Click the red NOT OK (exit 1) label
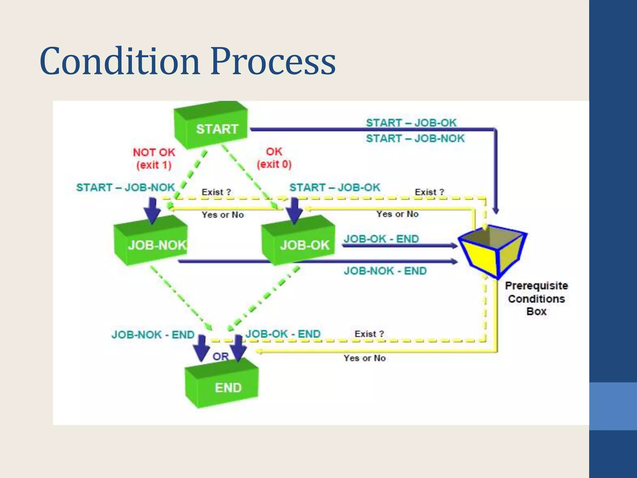154,158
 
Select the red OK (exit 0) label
274,158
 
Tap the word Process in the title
273,61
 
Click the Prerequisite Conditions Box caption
536,298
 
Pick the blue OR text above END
221,357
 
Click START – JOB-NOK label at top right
415,138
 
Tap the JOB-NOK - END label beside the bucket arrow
385,271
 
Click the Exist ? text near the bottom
369,334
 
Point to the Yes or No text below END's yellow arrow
365,358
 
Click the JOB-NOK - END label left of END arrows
153,335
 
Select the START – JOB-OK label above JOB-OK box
335,187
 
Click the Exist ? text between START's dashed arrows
216,192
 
